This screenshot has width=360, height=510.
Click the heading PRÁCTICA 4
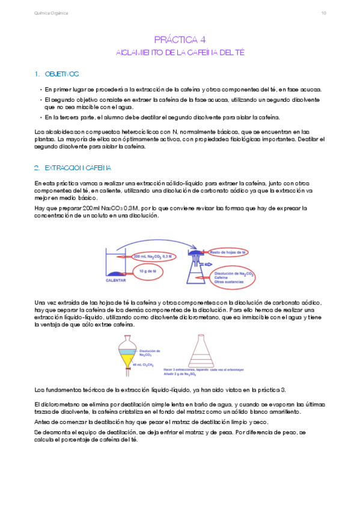180,40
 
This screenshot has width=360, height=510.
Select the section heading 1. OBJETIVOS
57,74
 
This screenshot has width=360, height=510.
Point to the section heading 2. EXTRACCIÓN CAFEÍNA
73,167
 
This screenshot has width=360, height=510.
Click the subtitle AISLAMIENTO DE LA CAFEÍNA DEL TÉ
180,52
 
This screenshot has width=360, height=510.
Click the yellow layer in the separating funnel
127,359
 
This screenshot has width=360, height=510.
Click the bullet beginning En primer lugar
180,89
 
